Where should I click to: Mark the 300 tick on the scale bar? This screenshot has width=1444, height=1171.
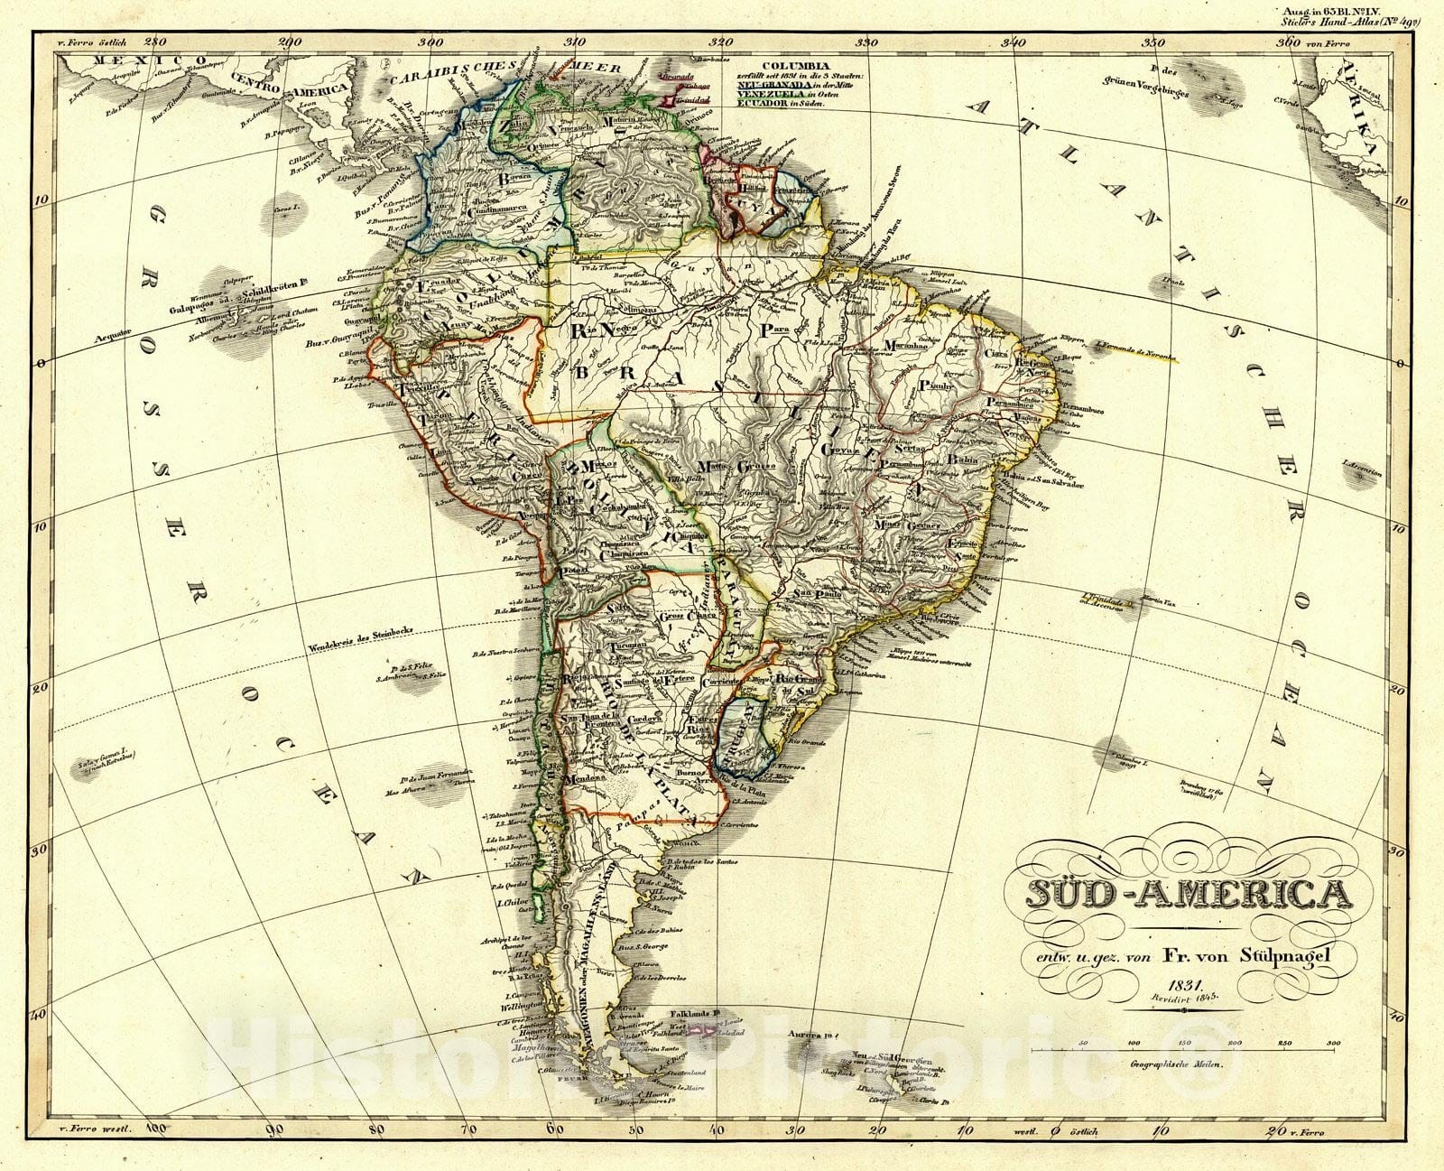coord(1333,1044)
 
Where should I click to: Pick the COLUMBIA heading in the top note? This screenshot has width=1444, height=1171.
coord(794,66)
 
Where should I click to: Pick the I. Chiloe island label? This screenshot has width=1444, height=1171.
coord(513,901)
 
